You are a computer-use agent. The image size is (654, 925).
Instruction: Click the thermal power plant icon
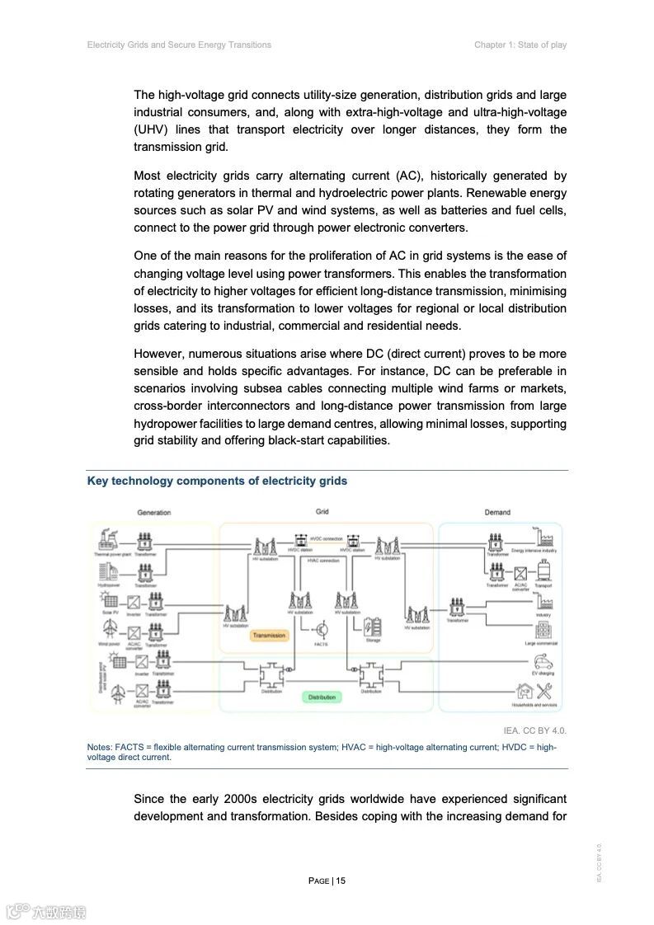(x=107, y=541)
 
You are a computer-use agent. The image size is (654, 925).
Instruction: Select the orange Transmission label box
(x=269, y=635)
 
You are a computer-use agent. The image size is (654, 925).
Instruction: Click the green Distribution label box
(x=322, y=697)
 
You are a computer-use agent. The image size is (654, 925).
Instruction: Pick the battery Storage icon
(x=373, y=626)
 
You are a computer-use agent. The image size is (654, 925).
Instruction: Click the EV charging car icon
(x=543, y=662)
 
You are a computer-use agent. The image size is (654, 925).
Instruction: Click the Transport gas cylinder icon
(x=544, y=570)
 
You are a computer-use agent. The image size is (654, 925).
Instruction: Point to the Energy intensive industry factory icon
(x=543, y=538)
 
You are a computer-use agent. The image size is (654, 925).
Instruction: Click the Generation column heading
(x=154, y=512)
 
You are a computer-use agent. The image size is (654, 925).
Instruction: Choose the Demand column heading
(x=497, y=512)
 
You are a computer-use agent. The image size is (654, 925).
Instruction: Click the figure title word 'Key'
(x=97, y=481)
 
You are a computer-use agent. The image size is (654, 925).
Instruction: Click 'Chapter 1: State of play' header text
(x=520, y=45)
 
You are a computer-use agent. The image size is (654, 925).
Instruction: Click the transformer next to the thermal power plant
(x=144, y=542)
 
